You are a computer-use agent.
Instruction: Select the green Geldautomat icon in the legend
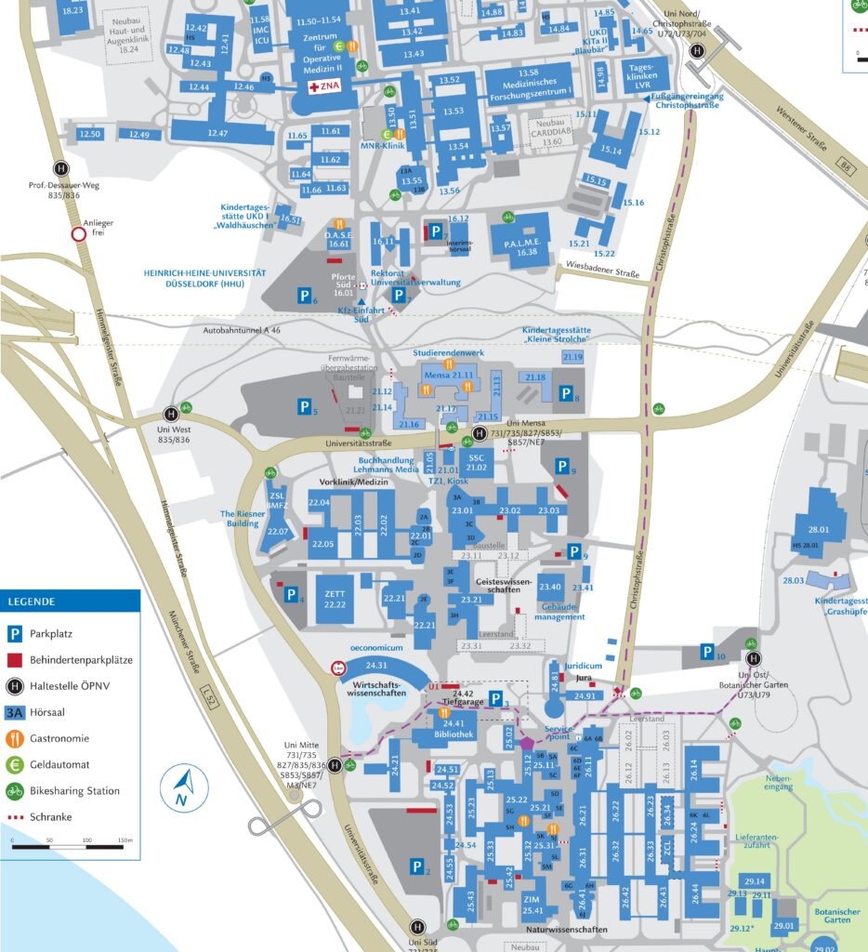(15, 765)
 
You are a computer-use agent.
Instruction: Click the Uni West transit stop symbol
(172, 414)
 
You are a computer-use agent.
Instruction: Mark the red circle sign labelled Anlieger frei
(77, 233)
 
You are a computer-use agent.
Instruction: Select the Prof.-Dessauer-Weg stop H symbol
(60, 168)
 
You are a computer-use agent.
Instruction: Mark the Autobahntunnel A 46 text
(242, 330)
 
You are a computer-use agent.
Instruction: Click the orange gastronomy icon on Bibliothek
(444, 713)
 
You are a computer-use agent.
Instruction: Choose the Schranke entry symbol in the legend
(15, 817)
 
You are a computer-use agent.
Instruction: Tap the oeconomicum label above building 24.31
(376, 647)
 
